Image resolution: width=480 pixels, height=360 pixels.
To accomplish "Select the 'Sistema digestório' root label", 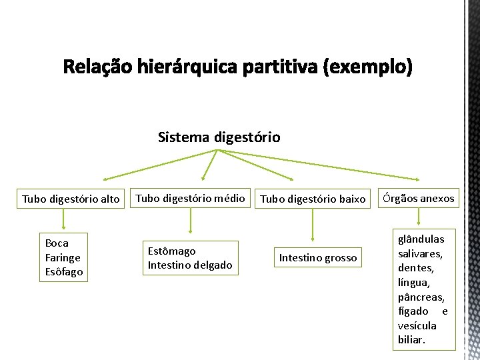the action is [219, 137].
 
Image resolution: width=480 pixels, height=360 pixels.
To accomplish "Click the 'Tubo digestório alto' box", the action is [71, 199].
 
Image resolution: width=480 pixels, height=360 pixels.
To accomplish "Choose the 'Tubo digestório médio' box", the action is [191, 198].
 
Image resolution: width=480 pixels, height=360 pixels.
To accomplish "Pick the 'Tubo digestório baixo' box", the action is [313, 199].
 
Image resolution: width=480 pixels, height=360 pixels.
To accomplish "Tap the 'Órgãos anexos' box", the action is [419, 198].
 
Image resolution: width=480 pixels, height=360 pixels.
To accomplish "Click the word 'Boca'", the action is [57, 243].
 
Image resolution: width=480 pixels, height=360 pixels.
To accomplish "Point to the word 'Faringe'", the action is [63, 257].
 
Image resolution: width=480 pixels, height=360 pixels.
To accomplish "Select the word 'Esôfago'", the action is [64, 271].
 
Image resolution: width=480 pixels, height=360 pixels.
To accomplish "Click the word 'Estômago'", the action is [171, 251].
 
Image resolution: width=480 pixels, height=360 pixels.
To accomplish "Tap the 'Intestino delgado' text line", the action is [190, 265].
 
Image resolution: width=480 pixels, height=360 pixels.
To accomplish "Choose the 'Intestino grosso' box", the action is [318, 257].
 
